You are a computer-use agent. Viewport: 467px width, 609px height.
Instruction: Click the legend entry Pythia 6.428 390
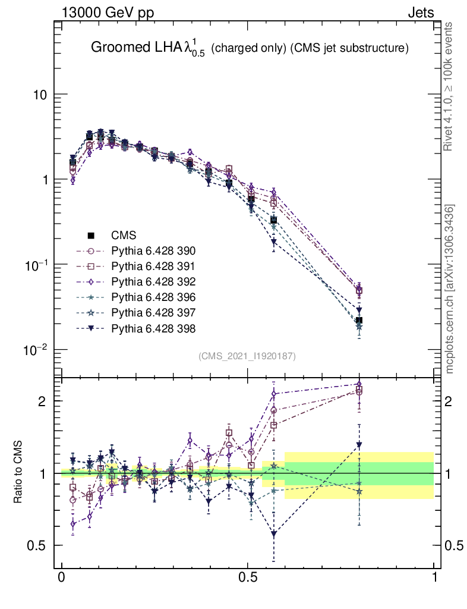point(153,250)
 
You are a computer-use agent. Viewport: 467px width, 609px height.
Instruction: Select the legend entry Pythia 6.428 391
point(153,266)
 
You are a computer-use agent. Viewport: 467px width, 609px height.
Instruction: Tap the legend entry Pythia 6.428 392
point(153,281)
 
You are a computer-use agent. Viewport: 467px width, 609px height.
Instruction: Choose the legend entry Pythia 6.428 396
point(153,297)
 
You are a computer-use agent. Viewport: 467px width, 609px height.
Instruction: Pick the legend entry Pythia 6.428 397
point(153,312)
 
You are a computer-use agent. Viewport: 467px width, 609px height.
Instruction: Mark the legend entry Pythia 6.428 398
point(153,328)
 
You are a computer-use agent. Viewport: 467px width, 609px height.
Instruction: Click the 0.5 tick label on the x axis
point(248,577)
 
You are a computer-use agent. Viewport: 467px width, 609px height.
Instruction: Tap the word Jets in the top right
point(420,12)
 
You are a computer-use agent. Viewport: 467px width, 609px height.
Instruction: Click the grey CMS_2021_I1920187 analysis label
point(247,356)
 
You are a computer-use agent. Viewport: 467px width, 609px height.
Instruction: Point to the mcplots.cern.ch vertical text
point(450,289)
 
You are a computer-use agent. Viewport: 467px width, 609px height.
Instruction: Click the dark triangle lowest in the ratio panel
point(273,535)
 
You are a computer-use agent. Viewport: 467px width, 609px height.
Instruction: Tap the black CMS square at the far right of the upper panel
point(359,321)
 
